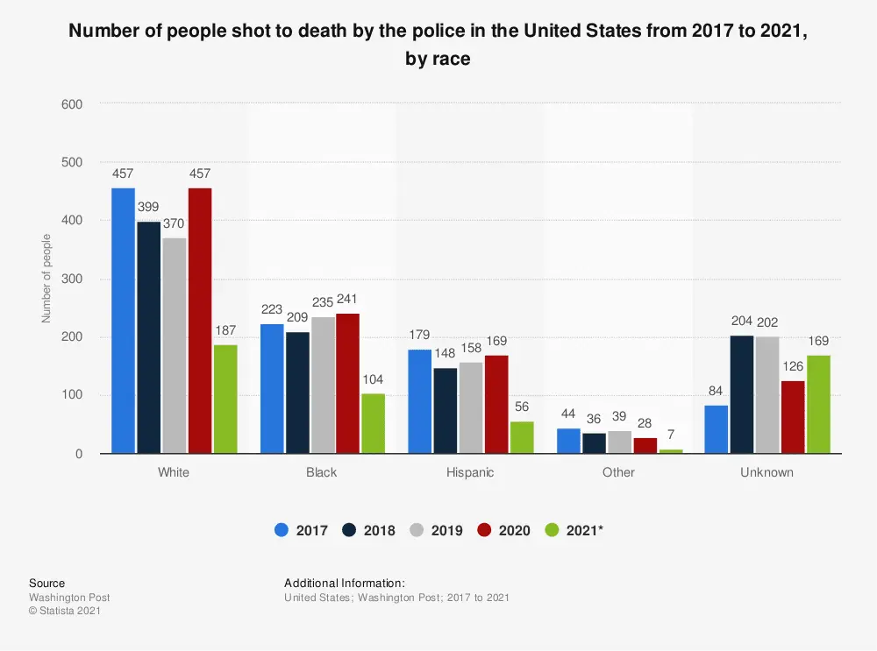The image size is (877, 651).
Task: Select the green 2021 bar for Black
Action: click(x=373, y=423)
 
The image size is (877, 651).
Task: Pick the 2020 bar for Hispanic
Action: click(x=497, y=404)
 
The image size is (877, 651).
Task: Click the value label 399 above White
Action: click(x=149, y=207)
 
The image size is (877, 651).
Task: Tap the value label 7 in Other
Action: click(x=670, y=435)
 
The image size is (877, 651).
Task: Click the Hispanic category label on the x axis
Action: click(x=470, y=472)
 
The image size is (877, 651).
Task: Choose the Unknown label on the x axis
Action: click(x=766, y=472)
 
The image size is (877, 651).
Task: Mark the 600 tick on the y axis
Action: click(x=72, y=104)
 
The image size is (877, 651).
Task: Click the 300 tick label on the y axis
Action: click(x=72, y=280)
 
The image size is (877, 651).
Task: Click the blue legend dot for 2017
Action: click(x=281, y=530)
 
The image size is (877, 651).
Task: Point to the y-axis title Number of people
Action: click(x=46, y=279)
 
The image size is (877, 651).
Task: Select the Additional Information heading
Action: click(x=345, y=583)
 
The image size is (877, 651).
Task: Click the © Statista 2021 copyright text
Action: click(x=64, y=611)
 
